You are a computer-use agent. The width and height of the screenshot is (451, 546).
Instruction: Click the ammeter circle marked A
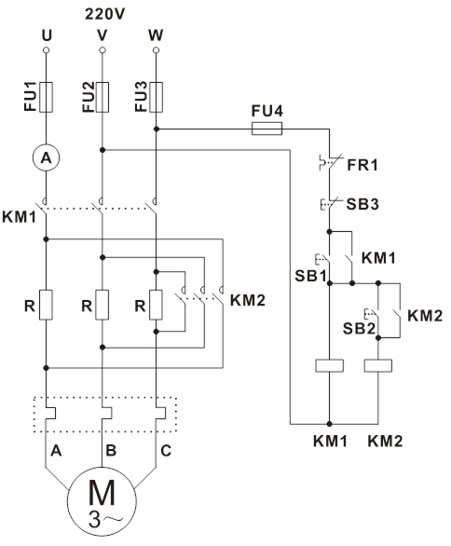[x=46, y=157]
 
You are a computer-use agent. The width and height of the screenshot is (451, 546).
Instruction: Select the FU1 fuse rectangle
[x=46, y=97]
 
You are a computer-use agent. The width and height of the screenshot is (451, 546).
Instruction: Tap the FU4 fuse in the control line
[x=266, y=129]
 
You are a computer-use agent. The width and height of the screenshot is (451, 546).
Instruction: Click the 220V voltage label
[x=104, y=14]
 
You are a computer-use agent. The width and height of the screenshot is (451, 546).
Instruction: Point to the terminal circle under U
[x=46, y=50]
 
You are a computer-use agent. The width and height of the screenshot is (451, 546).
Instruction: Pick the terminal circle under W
[x=156, y=50]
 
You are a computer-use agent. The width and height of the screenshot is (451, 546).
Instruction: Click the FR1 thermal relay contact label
[x=362, y=165]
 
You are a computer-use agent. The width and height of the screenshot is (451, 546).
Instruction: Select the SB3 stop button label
[x=362, y=204]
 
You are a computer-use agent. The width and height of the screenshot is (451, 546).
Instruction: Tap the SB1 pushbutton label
[x=310, y=276]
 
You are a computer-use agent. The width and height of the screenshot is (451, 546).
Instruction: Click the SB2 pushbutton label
[x=359, y=328]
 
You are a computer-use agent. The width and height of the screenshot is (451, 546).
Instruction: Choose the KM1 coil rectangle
[x=330, y=365]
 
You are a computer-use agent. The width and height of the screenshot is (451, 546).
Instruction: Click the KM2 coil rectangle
[x=378, y=365]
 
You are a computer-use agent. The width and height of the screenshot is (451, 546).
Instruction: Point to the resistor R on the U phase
[x=46, y=305]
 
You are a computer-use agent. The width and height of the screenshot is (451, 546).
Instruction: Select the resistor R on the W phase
[x=156, y=305]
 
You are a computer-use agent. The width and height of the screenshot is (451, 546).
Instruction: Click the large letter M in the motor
[x=102, y=492]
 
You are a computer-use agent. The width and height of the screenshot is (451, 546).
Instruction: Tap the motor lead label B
[x=111, y=451]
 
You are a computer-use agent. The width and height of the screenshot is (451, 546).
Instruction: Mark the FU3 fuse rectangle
[x=156, y=97]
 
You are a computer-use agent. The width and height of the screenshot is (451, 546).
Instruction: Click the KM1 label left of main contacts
[x=20, y=217]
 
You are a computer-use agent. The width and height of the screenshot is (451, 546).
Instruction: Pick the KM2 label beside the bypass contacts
[x=248, y=300]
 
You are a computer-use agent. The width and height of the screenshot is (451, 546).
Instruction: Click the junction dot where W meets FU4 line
[x=157, y=129]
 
